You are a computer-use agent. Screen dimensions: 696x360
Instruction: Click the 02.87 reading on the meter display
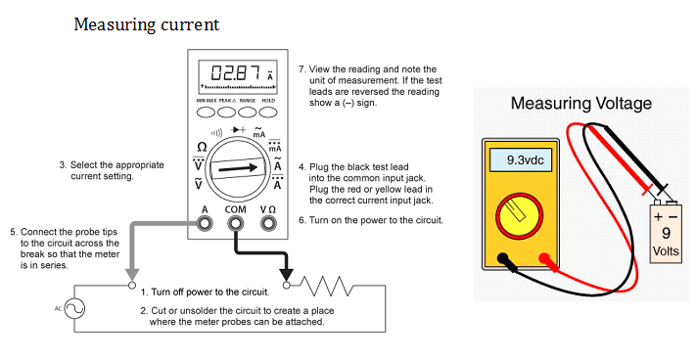[x=236, y=72]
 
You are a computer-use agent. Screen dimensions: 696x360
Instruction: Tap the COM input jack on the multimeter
[x=235, y=223]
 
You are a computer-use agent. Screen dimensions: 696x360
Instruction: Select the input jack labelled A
[x=205, y=223]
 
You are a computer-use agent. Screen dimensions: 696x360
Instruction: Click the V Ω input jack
[x=268, y=223]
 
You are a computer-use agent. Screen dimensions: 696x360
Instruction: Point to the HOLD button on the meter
[x=268, y=112]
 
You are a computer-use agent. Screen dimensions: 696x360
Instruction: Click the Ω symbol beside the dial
[x=202, y=147]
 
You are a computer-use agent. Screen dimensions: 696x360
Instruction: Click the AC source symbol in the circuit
[x=74, y=308]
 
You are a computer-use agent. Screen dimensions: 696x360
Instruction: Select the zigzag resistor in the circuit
[x=327, y=286]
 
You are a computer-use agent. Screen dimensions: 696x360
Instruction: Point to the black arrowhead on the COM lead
[x=286, y=275]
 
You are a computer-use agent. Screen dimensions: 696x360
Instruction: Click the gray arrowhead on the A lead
[x=132, y=275]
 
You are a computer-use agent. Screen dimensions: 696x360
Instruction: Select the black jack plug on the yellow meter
[x=503, y=258]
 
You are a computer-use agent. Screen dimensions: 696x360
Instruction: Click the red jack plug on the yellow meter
[x=544, y=258]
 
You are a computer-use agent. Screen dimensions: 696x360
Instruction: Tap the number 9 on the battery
[x=666, y=233]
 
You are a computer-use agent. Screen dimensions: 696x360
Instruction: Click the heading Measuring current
[x=147, y=24]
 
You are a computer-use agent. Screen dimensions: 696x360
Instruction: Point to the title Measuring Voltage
[x=581, y=104]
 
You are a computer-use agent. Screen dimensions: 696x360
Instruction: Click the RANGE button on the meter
[x=248, y=112]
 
